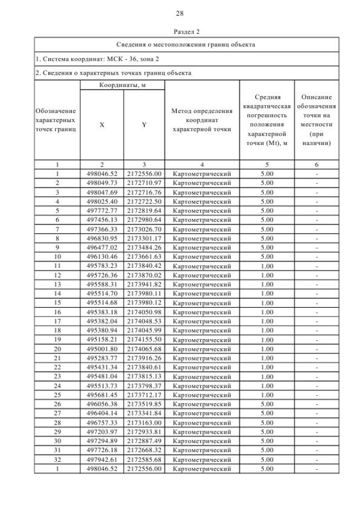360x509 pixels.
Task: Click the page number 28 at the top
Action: (179, 13)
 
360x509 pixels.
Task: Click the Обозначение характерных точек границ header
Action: (56, 120)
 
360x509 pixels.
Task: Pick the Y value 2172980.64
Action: (144, 219)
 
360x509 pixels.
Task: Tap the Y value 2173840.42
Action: (144, 265)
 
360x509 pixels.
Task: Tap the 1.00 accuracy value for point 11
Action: (267, 265)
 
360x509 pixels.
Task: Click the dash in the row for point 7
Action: (317, 228)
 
